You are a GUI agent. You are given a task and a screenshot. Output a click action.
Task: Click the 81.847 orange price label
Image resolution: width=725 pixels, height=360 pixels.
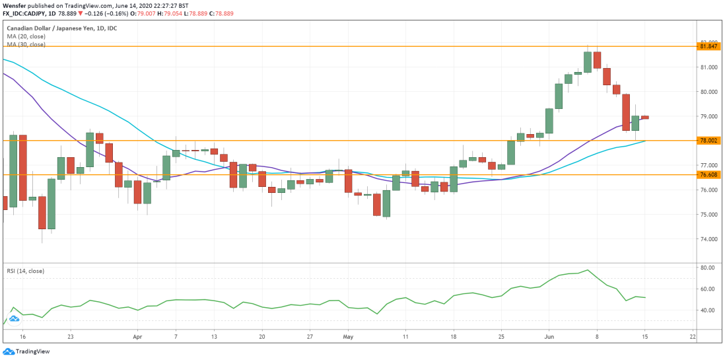pos(708,46)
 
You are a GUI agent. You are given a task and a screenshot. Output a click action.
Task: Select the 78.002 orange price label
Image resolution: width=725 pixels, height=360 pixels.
pos(708,141)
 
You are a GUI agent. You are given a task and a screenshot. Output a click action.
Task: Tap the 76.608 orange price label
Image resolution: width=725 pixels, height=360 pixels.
pos(708,175)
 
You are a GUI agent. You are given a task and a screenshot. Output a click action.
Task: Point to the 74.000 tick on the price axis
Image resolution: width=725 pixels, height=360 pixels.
pos(708,239)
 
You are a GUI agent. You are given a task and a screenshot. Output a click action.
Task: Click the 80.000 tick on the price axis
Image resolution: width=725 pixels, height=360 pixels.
pos(708,92)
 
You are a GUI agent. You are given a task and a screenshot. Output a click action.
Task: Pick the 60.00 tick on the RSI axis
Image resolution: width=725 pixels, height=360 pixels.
pos(708,289)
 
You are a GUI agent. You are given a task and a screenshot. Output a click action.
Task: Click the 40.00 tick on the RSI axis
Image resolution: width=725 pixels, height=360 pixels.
pos(708,310)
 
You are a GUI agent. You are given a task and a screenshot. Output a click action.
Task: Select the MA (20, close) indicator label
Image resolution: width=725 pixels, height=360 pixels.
pos(26,36)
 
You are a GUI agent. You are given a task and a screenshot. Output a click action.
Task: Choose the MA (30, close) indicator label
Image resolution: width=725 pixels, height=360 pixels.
pos(26,44)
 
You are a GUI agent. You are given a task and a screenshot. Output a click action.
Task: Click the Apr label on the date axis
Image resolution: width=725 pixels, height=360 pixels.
pos(138,336)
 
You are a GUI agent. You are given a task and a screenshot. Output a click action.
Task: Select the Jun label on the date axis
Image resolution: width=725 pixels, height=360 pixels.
pos(549,336)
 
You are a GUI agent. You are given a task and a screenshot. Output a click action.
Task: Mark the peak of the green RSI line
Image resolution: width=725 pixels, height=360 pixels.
pos(587,270)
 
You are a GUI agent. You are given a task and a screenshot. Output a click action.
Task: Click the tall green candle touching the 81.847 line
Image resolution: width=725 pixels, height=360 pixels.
pos(587,62)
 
